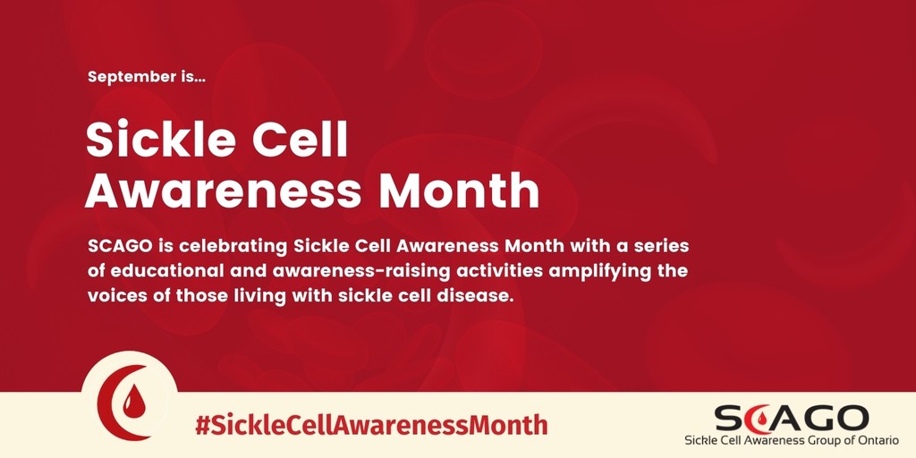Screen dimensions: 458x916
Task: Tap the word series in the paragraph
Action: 661,244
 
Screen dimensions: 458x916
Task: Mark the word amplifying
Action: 596,269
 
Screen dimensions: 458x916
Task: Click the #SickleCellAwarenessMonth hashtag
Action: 370,423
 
